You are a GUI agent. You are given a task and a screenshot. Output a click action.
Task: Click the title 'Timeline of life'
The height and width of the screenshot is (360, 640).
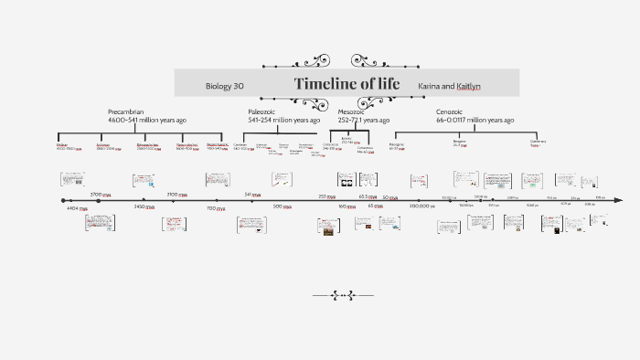347,84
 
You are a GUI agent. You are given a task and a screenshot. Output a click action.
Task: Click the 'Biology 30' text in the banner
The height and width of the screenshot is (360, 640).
224,86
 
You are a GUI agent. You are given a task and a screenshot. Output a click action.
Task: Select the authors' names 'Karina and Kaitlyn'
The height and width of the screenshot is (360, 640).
449,86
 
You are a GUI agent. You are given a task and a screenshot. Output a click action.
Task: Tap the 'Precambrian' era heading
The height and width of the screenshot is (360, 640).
126,111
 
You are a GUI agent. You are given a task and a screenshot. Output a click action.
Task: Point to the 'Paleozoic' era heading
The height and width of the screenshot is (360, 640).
261,111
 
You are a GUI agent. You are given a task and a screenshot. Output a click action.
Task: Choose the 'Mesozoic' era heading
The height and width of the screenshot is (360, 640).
351,111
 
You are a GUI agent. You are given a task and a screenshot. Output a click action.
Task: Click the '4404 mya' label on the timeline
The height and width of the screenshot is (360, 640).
77,208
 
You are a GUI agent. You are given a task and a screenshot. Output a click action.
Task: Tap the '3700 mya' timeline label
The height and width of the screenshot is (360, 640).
100,195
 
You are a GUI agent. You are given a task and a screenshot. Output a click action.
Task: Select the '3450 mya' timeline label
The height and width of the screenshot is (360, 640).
145,207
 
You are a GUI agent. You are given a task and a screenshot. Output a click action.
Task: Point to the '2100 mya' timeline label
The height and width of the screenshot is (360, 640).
176,195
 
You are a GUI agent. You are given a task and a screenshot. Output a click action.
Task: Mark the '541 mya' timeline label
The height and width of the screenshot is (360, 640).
253,195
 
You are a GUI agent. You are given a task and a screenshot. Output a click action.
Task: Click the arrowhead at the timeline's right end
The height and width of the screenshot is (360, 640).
619,200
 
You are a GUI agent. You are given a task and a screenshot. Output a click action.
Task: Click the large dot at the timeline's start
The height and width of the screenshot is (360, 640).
63,200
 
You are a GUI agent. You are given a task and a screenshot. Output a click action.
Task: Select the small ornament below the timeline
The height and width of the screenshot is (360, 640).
343,295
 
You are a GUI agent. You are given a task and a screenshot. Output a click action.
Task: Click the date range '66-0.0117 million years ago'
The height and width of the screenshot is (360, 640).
475,120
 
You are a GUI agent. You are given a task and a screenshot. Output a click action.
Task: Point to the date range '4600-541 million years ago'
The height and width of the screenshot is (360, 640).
147,120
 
